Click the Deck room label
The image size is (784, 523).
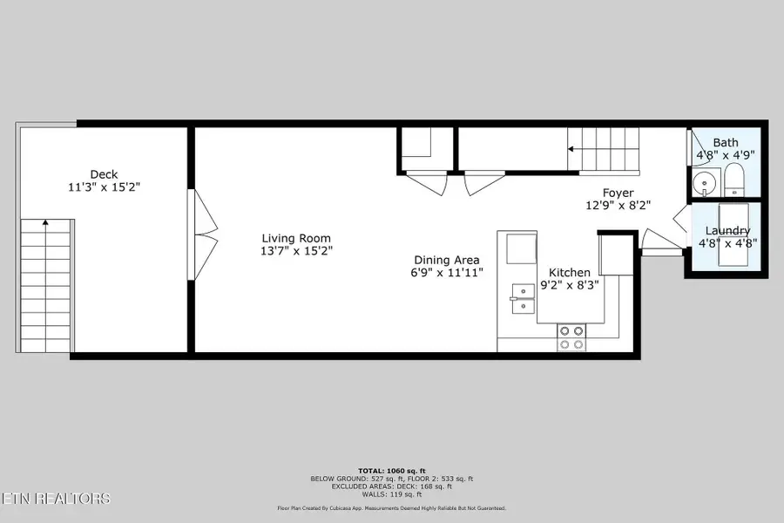[104, 174]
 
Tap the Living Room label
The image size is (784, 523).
[297, 238]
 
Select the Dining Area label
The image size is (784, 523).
[447, 260]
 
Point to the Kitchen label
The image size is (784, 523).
[569, 273]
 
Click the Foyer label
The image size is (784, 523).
[618, 193]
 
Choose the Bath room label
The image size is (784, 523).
[726, 143]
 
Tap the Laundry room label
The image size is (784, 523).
[728, 231]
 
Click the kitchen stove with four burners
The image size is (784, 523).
[571, 337]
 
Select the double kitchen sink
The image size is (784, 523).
[524, 297]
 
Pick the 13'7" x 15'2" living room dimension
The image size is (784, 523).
[297, 251]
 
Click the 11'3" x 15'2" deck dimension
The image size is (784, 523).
[104, 187]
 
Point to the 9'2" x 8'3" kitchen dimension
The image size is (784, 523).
[569, 284]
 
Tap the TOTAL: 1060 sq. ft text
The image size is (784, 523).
[391, 471]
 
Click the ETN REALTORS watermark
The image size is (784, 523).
[56, 499]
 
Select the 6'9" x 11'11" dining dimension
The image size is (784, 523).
[447, 272]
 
